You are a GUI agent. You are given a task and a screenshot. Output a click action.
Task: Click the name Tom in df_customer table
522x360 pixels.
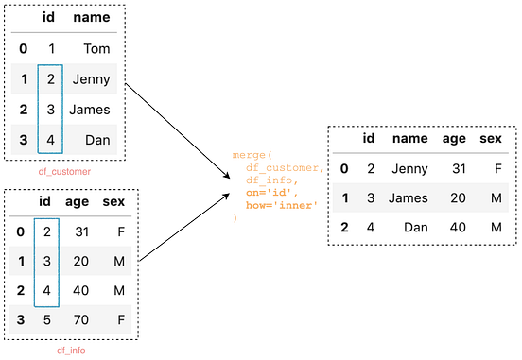(97, 48)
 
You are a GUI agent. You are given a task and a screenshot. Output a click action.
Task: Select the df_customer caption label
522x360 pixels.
(63, 172)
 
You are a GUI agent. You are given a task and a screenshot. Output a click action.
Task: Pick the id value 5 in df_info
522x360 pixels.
(48, 321)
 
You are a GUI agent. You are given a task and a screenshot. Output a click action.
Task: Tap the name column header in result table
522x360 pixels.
(409, 138)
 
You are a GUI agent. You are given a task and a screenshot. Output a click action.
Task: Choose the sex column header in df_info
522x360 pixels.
(113, 200)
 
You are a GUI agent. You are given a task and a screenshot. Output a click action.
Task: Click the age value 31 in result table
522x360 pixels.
(458, 168)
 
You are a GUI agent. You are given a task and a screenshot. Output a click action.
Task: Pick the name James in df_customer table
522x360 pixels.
(90, 111)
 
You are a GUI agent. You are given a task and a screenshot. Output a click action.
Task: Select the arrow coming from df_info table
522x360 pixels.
(184, 228)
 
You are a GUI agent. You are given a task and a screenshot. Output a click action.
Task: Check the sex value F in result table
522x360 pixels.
(496, 168)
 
